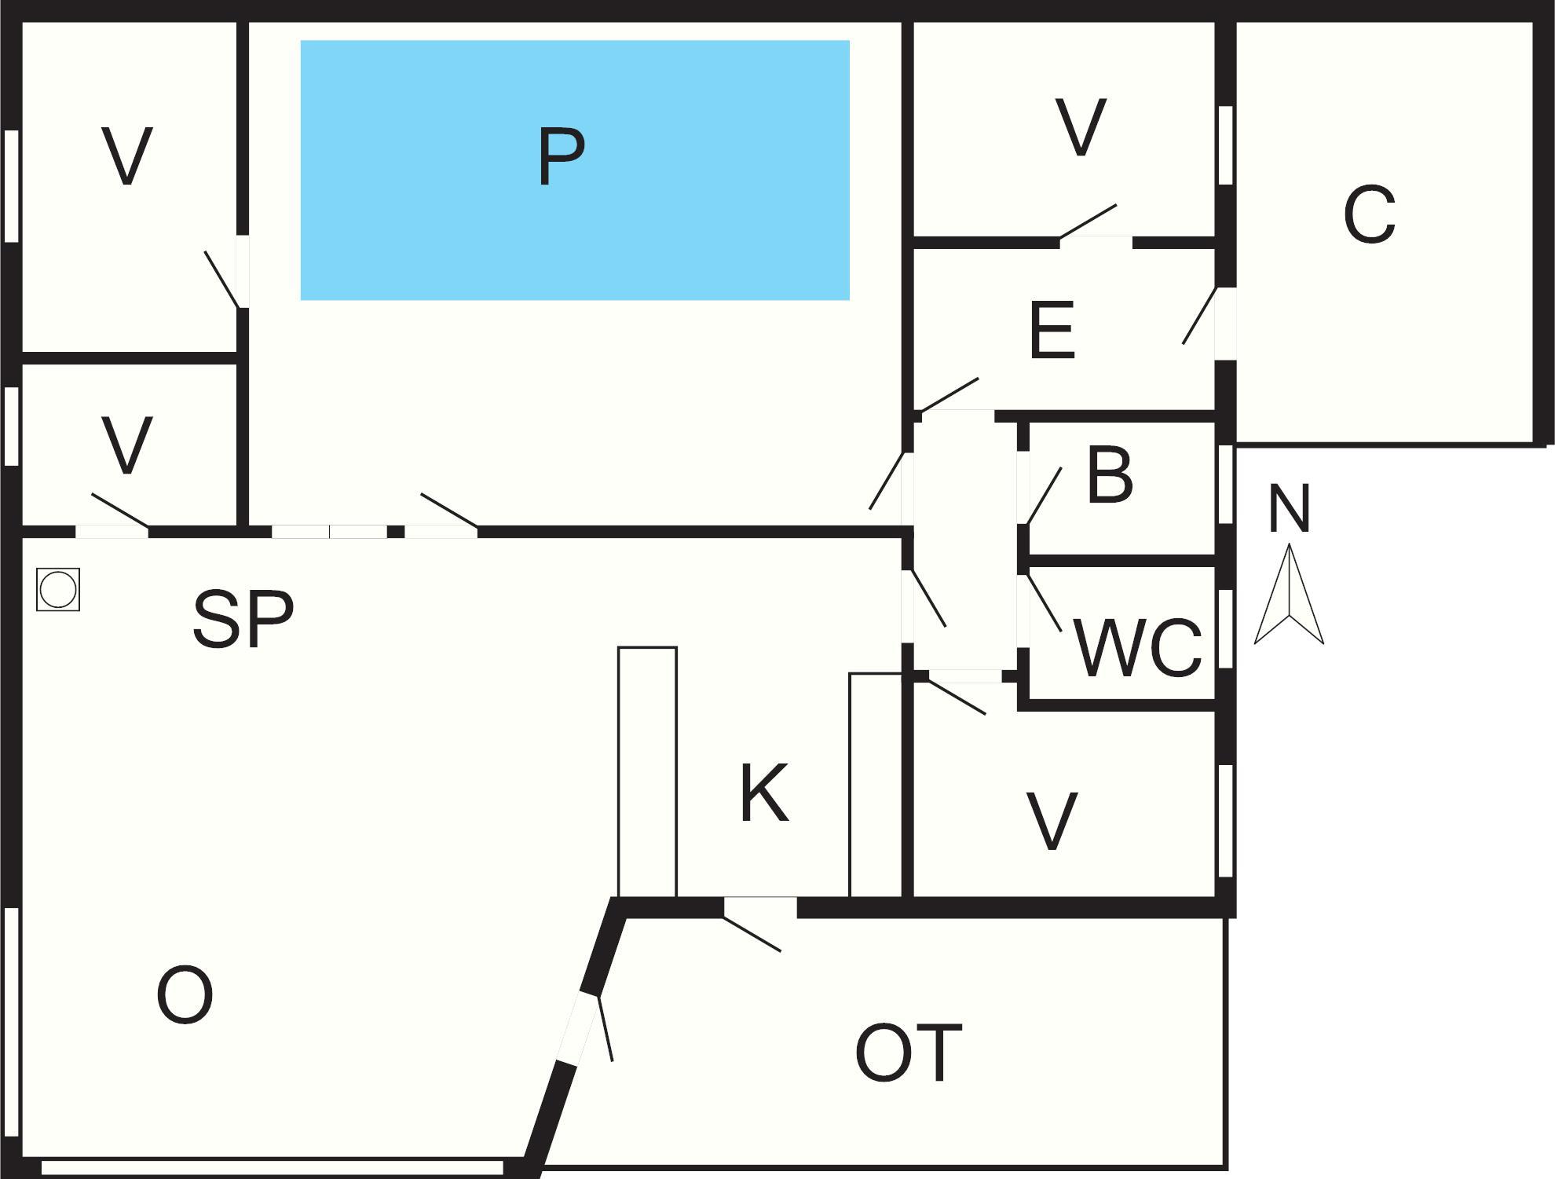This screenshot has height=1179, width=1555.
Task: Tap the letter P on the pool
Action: pyautogui.click(x=562, y=156)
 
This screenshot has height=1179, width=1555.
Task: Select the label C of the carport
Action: pyautogui.click(x=1369, y=214)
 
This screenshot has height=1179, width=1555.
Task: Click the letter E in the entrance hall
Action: pyautogui.click(x=1052, y=331)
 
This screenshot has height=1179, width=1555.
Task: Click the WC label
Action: pyautogui.click(x=1137, y=648)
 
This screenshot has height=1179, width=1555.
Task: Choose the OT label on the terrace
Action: pyautogui.click(x=909, y=1053)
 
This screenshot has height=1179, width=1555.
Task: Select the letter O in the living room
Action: pyautogui.click(x=185, y=995)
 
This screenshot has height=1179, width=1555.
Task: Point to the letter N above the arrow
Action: pyautogui.click(x=1289, y=508)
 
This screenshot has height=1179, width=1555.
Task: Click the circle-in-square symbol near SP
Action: pyautogui.click(x=58, y=589)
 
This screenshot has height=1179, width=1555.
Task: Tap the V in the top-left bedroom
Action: pyautogui.click(x=126, y=156)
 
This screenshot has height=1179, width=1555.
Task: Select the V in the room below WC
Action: pyautogui.click(x=1052, y=822)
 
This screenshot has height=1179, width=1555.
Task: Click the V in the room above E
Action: pyautogui.click(x=1081, y=127)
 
